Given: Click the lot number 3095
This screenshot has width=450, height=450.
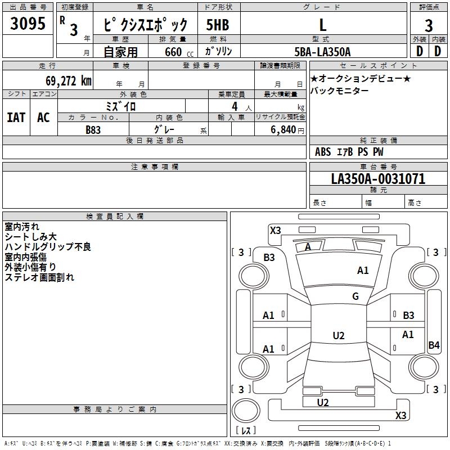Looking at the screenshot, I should coord(28,25).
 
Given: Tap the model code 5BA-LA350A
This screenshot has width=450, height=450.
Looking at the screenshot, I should coord(322,52).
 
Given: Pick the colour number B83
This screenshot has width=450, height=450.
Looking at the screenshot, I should coord(93,129).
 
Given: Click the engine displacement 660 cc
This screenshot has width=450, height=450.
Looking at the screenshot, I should coord(172,52).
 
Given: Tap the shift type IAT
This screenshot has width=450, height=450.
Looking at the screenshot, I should coord(16,118).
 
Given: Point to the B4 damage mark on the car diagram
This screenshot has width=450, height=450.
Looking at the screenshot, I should coord(434,345).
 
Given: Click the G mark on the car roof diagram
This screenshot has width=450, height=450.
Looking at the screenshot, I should coord(355,296).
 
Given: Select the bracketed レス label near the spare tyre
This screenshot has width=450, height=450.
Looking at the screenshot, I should coord(246,430).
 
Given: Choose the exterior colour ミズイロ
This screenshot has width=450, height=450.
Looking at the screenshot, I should coord(121,106).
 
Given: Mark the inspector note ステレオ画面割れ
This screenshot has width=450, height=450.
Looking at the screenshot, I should coord(39,277).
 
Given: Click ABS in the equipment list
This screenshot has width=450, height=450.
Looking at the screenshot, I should coord(323,152).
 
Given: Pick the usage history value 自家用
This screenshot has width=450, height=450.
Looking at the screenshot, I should coord(120,52).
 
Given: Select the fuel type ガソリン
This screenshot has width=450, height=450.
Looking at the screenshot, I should coord(219,51).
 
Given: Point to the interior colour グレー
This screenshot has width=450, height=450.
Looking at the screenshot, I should coord(164,129).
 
